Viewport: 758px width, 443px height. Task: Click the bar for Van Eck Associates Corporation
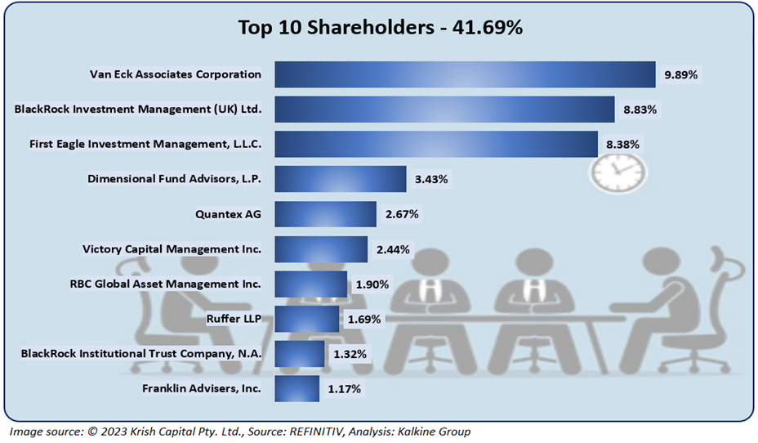(464, 74)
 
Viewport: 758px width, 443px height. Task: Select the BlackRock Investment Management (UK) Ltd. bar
(444, 109)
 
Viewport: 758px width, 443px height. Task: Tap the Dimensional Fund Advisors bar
(340, 178)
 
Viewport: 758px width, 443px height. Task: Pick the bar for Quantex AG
(325, 214)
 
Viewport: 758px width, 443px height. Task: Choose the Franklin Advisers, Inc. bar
(297, 389)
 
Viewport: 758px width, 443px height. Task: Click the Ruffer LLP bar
(306, 319)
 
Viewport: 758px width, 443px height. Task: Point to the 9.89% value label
(680, 74)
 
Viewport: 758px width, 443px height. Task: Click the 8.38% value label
(622, 144)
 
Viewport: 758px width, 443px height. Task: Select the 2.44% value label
(394, 248)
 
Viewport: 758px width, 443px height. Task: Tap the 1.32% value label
(350, 354)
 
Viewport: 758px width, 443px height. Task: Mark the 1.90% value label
(372, 284)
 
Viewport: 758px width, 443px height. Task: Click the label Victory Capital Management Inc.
(172, 248)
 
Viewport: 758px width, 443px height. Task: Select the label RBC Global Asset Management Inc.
(166, 284)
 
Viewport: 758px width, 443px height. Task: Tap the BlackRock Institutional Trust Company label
(140, 354)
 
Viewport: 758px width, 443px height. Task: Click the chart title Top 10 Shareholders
(380, 27)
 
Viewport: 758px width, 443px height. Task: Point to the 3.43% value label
(430, 179)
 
